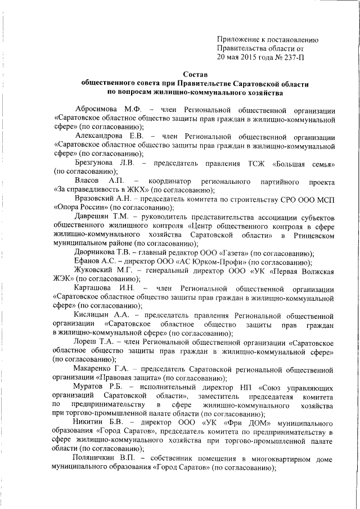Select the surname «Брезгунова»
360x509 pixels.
tap(98, 163)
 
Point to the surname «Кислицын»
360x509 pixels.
tap(93, 316)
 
